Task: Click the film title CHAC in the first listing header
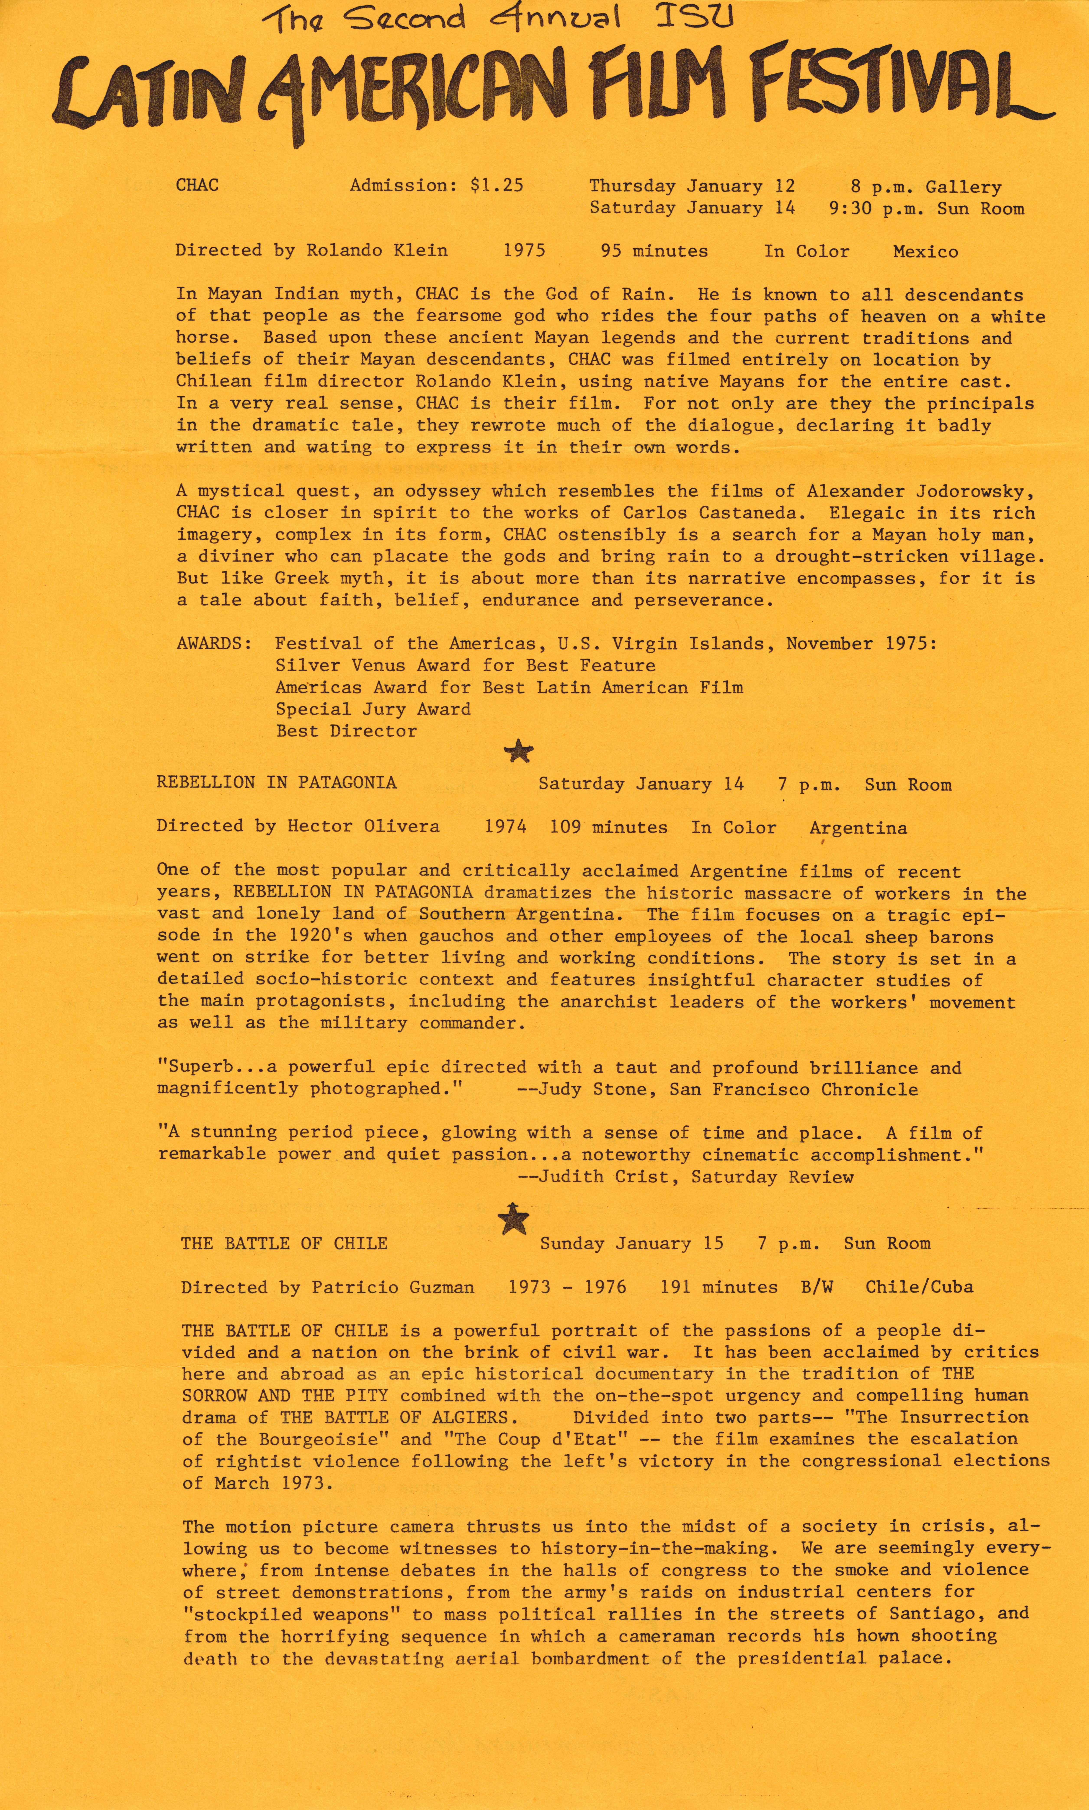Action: [197, 185]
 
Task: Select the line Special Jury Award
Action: [373, 709]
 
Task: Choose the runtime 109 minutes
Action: [608, 827]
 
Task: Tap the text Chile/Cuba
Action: [919, 1287]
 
